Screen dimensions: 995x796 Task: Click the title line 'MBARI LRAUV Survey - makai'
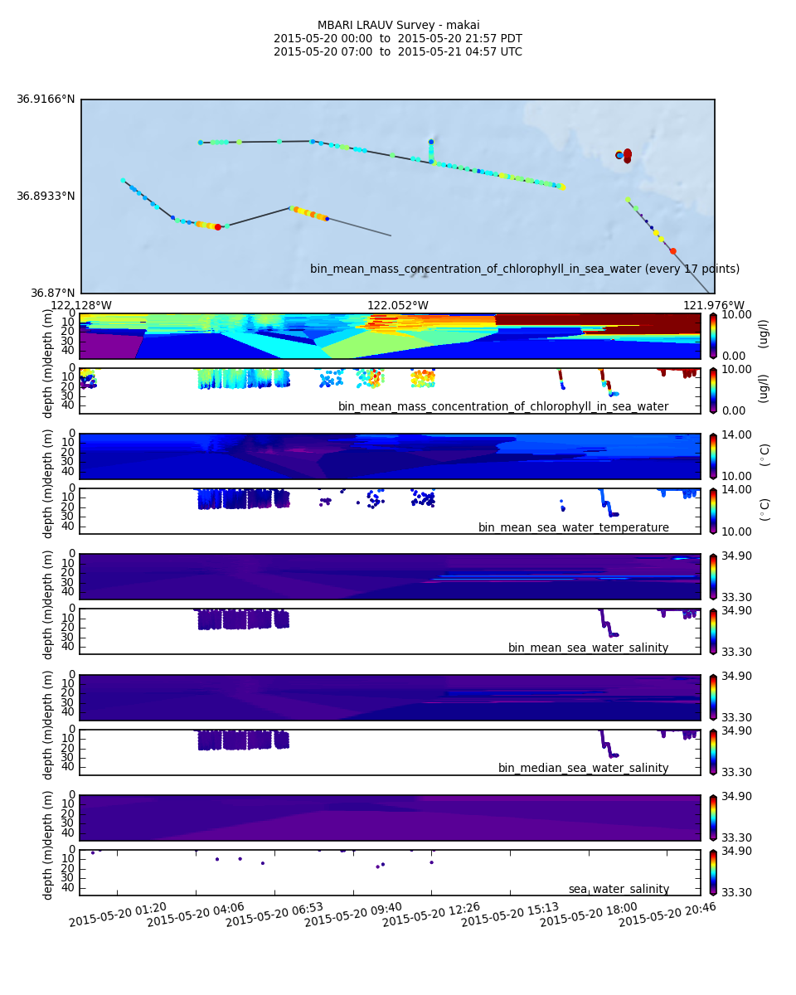(398, 25)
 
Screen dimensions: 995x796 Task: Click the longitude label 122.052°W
(398, 305)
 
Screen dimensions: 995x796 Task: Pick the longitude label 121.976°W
(713, 305)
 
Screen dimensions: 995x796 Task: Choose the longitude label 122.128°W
(81, 305)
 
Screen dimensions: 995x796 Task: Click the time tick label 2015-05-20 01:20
(118, 915)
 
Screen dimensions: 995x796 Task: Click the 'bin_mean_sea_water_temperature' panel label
(573, 527)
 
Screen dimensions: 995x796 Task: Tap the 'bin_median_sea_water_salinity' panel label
(583, 768)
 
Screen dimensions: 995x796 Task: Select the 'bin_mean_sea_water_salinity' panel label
(588, 648)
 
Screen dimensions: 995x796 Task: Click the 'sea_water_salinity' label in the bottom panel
(619, 889)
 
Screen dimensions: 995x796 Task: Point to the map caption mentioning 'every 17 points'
(524, 269)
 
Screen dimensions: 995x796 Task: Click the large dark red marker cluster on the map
(626, 155)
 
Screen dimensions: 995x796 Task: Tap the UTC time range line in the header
(398, 51)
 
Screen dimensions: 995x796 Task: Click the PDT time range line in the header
(398, 38)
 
